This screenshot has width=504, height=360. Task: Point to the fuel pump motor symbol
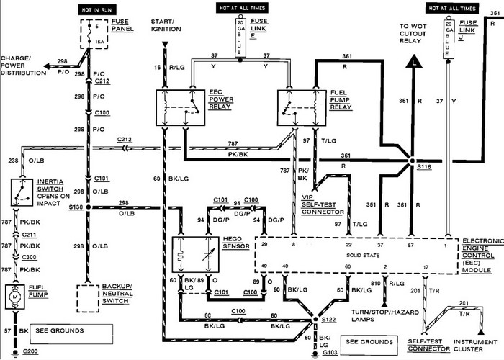point(14,294)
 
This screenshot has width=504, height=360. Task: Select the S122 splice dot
point(315,318)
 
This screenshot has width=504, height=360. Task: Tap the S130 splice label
point(74,207)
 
